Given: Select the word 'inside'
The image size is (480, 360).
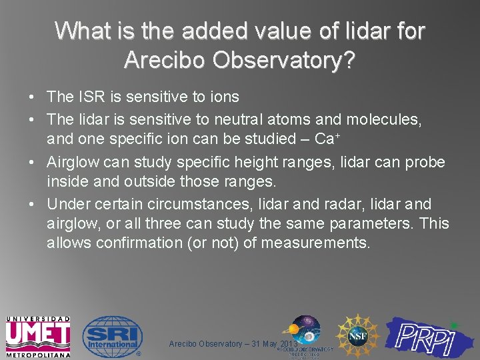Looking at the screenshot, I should coord(67,181).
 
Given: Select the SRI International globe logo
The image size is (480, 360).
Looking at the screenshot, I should coord(112,337).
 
